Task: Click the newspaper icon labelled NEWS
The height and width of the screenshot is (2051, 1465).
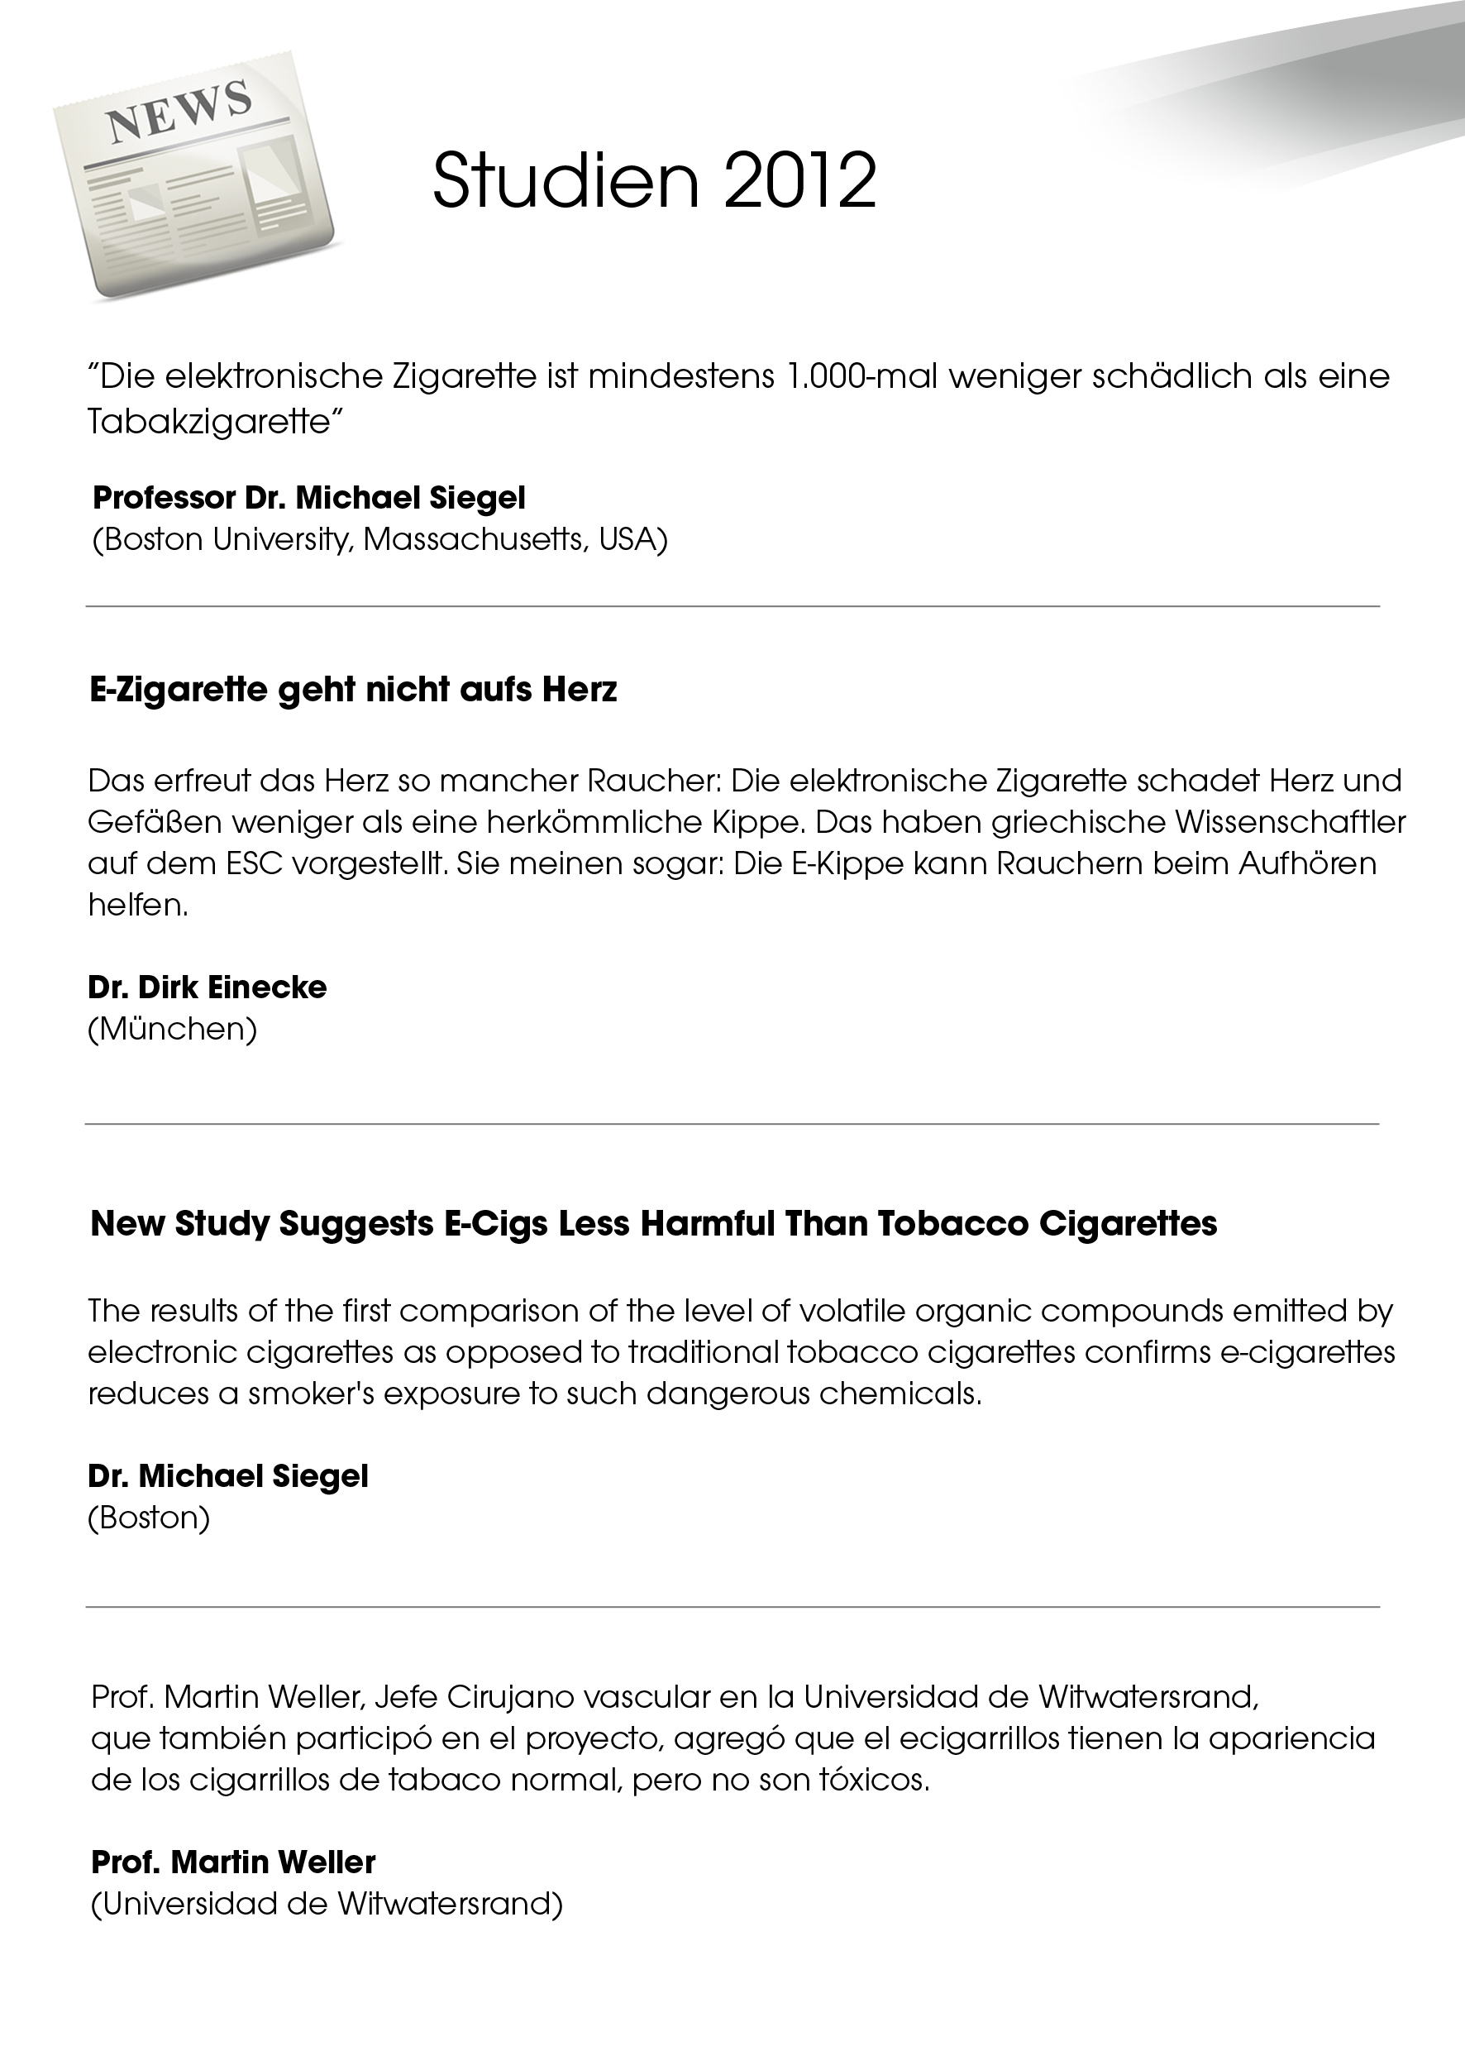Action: [x=193, y=184]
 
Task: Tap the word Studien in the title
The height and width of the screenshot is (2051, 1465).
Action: [x=565, y=180]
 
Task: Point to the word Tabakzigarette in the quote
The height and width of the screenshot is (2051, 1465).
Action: [x=209, y=423]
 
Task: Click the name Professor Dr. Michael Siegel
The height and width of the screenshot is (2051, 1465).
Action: [x=308, y=497]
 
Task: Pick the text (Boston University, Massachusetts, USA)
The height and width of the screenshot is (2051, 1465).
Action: [x=379, y=539]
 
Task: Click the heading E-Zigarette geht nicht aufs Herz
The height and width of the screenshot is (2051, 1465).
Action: [x=353, y=690]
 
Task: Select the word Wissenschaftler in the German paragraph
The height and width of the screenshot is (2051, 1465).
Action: [x=1296, y=822]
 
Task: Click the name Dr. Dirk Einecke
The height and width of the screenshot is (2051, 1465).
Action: [x=207, y=987]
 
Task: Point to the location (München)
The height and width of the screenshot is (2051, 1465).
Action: [x=172, y=1029]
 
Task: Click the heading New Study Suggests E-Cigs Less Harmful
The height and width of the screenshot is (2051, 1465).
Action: [x=653, y=1223]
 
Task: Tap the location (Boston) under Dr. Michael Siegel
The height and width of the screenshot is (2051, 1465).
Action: [x=149, y=1517]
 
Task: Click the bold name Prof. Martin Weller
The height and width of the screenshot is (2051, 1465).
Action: [x=233, y=1862]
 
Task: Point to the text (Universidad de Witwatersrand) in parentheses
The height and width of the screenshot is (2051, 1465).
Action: [x=327, y=1903]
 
